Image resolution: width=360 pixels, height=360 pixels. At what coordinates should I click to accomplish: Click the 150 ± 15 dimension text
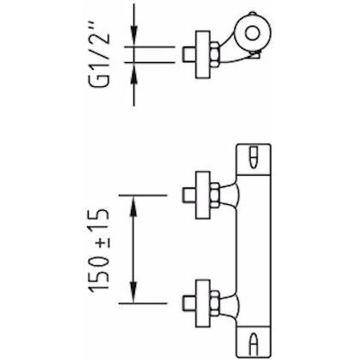pos(99,249)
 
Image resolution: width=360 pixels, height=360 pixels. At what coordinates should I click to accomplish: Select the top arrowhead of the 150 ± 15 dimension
pos(133,205)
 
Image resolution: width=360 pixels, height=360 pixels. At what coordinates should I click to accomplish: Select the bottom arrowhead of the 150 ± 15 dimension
pos(133,293)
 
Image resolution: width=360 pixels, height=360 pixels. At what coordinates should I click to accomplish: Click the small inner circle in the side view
pos(252,33)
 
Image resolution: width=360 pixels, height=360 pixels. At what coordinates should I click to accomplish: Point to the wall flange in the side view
pos(202,54)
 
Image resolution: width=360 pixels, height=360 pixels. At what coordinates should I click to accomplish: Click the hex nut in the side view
pos(215,54)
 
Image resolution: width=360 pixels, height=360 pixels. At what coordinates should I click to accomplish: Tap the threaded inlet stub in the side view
pos(189,54)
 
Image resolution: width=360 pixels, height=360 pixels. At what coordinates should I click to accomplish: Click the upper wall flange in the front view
pos(202,196)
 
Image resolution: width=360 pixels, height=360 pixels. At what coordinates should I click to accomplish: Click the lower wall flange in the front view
pos(202,303)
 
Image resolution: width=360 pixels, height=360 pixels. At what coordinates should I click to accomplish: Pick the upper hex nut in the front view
pos(215,196)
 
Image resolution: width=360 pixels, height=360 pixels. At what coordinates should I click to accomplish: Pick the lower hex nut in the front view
pos(215,303)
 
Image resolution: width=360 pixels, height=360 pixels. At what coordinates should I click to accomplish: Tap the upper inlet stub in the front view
pos(189,196)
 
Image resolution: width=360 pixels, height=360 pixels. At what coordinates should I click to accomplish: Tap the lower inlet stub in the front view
pos(189,303)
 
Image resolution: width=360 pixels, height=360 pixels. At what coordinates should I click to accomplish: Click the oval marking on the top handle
pos(253,158)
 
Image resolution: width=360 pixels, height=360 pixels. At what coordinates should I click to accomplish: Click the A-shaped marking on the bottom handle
pos(253,343)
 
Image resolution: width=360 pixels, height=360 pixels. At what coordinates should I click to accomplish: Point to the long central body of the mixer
pos(253,251)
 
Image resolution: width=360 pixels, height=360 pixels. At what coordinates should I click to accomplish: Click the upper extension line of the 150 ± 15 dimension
pos(143,196)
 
